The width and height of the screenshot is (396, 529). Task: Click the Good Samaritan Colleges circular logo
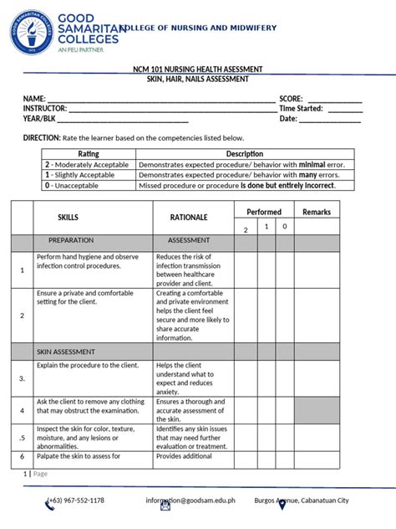coord(32,33)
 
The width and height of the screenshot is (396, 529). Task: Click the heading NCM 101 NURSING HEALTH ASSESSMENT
coord(198,69)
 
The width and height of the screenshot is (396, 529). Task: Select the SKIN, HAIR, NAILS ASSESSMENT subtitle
coord(198,79)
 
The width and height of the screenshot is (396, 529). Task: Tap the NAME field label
coord(34,99)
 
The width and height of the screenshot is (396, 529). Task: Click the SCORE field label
coord(291,99)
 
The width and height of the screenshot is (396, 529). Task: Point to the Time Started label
coord(301,109)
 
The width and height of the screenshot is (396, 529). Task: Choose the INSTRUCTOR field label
coord(45,109)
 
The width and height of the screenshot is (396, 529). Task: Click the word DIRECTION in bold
coord(41,137)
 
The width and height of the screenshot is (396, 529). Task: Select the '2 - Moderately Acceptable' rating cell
coord(89,165)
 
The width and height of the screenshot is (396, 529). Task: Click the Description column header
coord(245,154)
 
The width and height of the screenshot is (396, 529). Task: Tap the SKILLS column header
coord(69,217)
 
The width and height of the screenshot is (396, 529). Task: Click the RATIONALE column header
coord(189,217)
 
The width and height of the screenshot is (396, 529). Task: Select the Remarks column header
coord(317,212)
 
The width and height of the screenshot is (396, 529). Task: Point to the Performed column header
coord(264,212)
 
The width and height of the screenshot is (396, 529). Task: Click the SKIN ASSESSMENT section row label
coord(65,352)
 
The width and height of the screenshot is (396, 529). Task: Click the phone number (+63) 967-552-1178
coord(76,501)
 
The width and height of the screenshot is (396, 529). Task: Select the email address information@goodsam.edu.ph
coord(190,501)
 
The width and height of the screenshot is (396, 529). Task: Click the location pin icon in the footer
coord(282,504)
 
